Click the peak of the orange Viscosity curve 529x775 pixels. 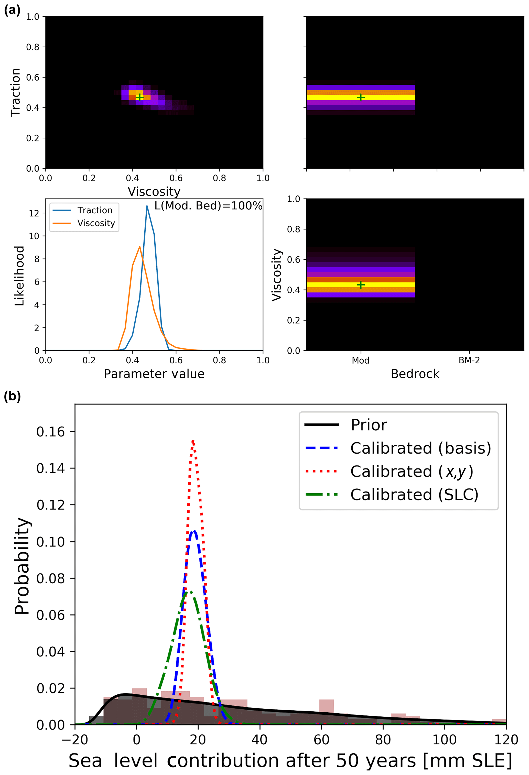pos(139,246)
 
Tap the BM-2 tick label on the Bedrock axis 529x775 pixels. pos(469,361)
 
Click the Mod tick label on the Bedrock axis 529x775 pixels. pos(361,361)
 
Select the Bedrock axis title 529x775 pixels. pos(415,374)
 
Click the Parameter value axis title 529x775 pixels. pos(154,374)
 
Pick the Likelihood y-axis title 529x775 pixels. pos(19,276)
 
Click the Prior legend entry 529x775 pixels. pos(369,425)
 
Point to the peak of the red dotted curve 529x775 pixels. pos(193,441)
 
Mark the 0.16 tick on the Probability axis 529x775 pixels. pos(50,432)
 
